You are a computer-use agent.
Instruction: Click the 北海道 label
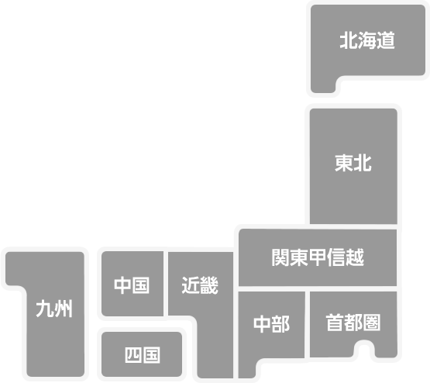click(x=367, y=40)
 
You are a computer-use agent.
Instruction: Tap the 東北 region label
click(x=353, y=164)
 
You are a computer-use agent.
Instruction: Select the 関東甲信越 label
click(x=318, y=257)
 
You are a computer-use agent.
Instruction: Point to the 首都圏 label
click(x=353, y=323)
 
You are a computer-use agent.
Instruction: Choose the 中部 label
click(x=271, y=324)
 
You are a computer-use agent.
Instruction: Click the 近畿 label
click(x=200, y=285)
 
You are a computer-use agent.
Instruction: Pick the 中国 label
click(x=132, y=285)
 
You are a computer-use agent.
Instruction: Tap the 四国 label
click(x=143, y=355)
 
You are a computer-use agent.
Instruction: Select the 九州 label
click(x=54, y=309)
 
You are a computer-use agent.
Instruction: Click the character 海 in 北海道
click(x=367, y=40)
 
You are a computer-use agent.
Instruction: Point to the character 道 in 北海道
click(x=386, y=40)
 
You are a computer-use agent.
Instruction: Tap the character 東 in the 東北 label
click(x=344, y=164)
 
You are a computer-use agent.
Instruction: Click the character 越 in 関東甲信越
click(x=355, y=257)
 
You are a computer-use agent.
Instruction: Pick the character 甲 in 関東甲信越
click(x=318, y=257)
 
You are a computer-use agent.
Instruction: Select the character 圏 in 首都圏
click(x=372, y=323)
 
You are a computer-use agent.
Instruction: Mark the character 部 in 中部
click(x=280, y=324)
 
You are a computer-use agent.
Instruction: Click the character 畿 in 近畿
click(x=209, y=285)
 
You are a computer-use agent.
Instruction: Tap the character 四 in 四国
click(x=133, y=355)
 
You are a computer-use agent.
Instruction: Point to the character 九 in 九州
click(x=45, y=309)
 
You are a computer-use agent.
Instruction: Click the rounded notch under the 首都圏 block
click(x=364, y=349)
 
